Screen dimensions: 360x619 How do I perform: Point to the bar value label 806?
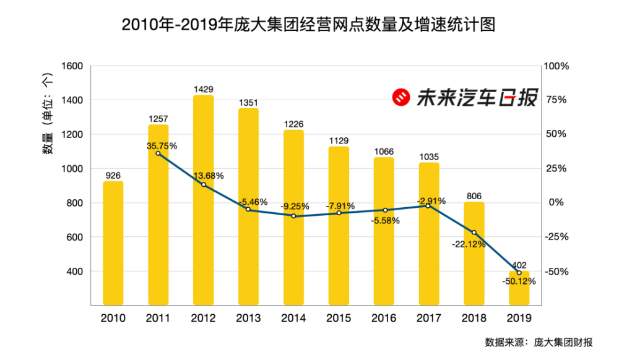pos(474,197)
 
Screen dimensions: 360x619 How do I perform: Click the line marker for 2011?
pos(158,153)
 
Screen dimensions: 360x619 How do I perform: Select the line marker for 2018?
pos(474,233)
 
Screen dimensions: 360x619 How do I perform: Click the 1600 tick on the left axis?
pos(72,66)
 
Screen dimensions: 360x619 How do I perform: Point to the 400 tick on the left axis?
pos(75,272)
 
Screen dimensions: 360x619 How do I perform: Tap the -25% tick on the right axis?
pos(557,237)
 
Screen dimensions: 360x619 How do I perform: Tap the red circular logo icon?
pos(401,97)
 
